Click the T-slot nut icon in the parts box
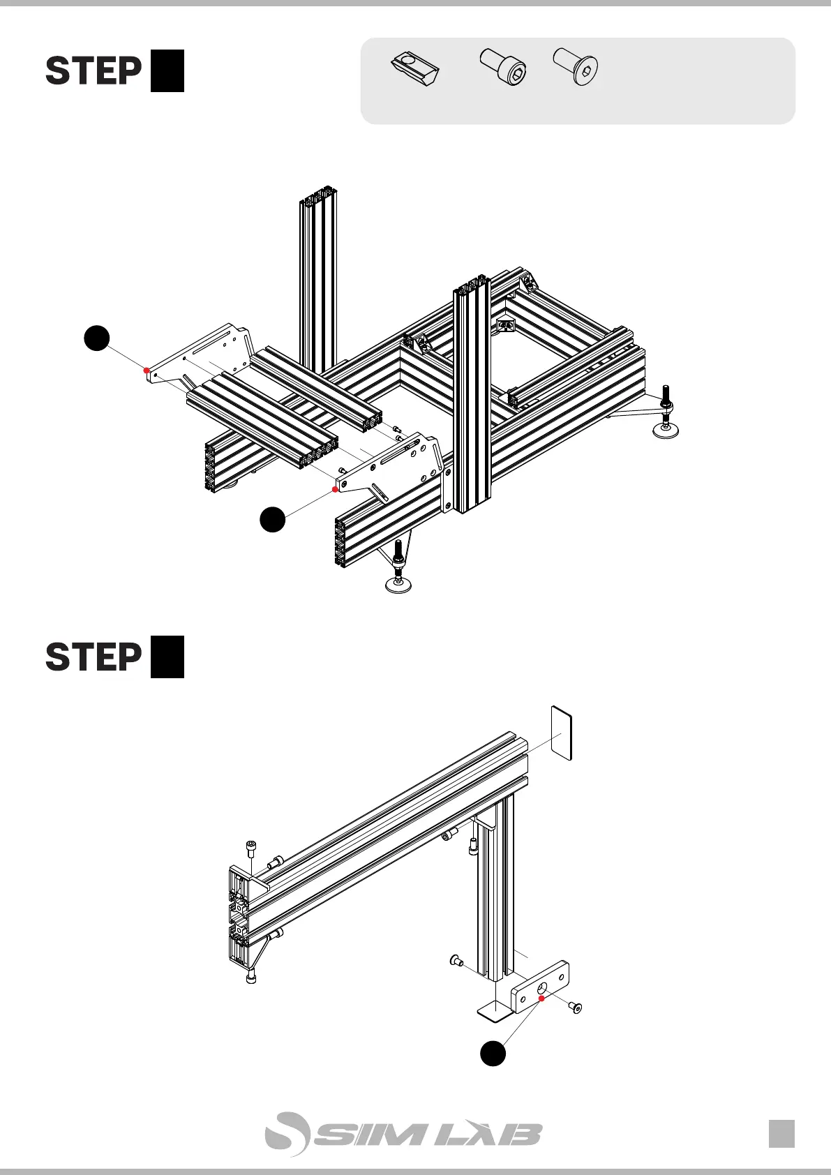coord(414,68)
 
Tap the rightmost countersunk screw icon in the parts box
coord(576,68)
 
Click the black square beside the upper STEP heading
coord(167,70)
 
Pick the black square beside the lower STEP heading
coord(167,657)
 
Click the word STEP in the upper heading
coord(93,71)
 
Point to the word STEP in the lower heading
coord(93,657)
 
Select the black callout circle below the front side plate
coord(273,520)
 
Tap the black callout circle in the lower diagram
coord(493,1053)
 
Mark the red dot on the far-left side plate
coord(146,371)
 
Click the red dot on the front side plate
coord(336,490)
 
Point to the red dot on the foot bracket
coord(541,998)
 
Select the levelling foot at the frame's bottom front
coord(398,583)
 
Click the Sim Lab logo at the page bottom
coord(403,1134)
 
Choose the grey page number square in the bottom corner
coord(781,1133)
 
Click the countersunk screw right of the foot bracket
coord(575,1007)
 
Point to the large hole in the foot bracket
coord(542,989)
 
